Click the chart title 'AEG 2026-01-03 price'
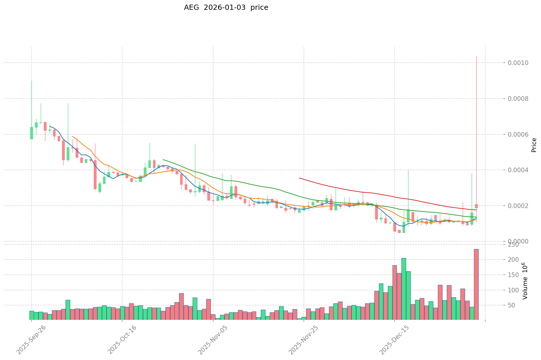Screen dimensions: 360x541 tap(226, 8)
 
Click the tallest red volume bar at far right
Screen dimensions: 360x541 tap(476, 285)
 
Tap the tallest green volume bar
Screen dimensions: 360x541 tap(404, 289)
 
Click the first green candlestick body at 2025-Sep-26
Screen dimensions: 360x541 tap(31, 133)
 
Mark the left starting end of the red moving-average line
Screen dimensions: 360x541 tap(299, 178)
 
